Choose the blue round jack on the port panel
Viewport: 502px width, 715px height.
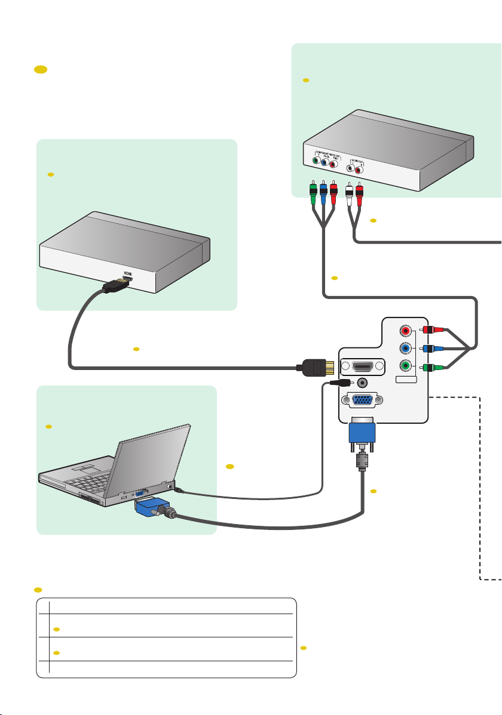click(406, 349)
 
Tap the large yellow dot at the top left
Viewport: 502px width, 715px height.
click(41, 70)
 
